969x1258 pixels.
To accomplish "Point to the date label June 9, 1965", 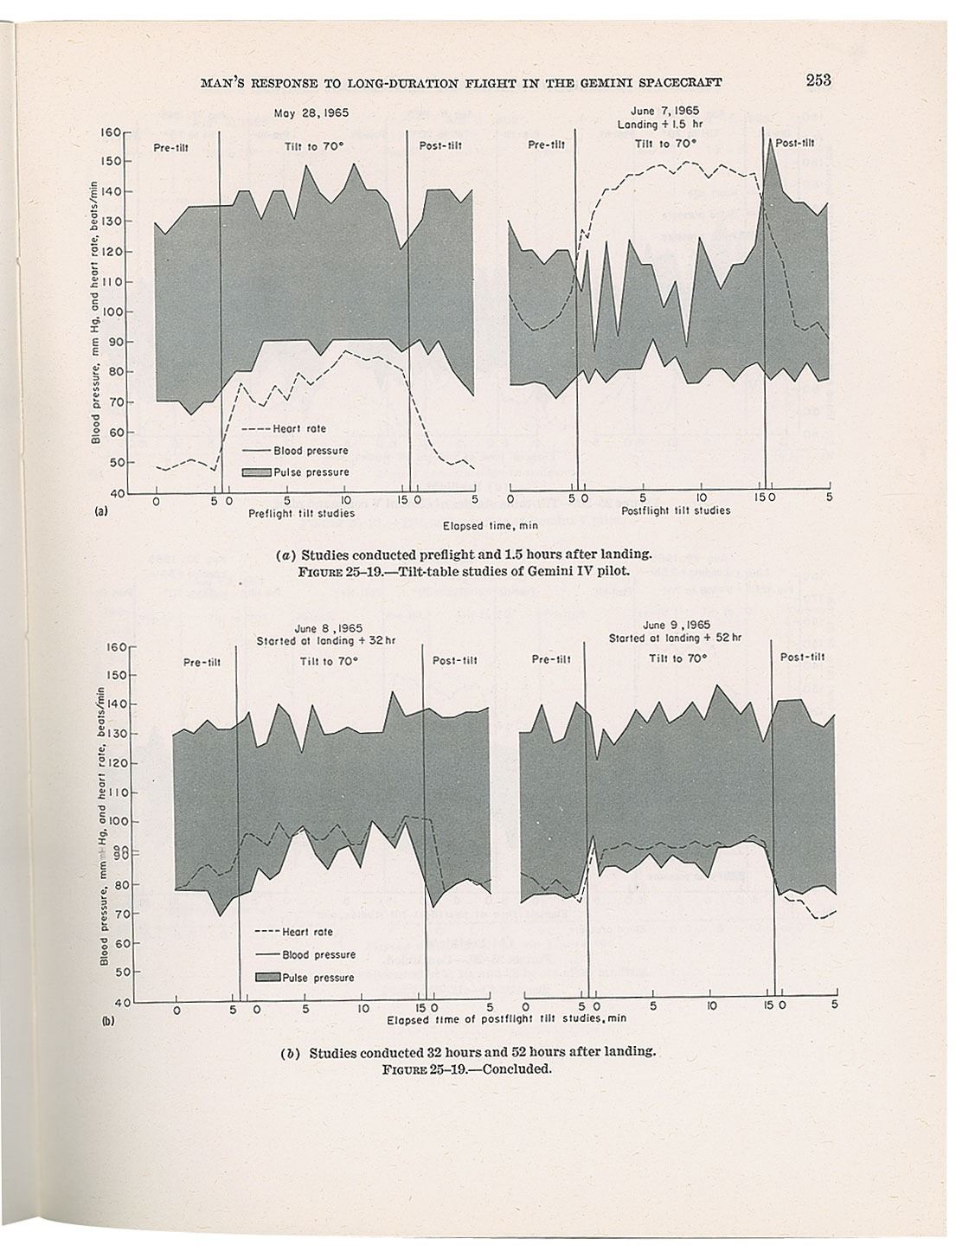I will (677, 625).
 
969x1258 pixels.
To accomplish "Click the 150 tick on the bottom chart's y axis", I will (120, 675).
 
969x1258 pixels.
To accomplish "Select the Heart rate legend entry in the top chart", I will (299, 428).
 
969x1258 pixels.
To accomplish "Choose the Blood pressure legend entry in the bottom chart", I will (318, 954).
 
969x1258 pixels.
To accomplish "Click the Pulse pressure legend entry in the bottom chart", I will (318, 977).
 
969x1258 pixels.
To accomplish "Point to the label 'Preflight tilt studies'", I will (301, 513).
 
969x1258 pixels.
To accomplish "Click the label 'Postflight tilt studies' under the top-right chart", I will (676, 510).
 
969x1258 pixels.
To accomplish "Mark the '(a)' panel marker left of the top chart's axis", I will (100, 511).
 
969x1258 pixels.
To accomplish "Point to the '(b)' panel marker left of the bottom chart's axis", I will (108, 1021).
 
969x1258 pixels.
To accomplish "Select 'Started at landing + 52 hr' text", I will (676, 638).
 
